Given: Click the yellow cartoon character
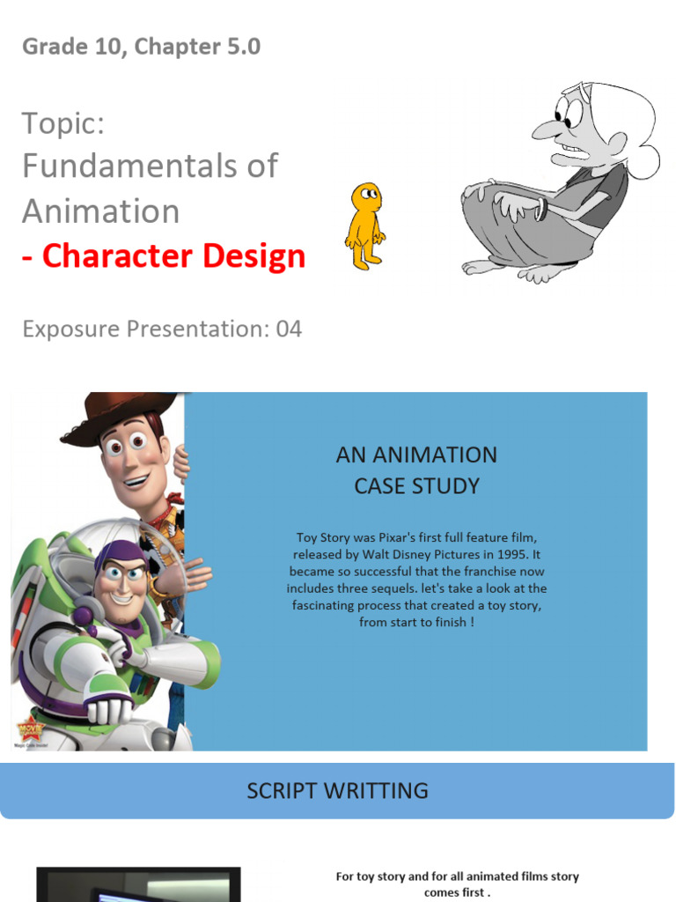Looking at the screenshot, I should click(364, 225).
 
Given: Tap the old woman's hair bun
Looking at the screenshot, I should click(646, 161).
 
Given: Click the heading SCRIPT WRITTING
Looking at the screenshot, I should click(337, 790).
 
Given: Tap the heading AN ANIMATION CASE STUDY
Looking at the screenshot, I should click(416, 470).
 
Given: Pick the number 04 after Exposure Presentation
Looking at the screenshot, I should click(289, 329).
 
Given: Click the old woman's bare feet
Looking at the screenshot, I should click(511, 270).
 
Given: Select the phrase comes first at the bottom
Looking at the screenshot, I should click(457, 892).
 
